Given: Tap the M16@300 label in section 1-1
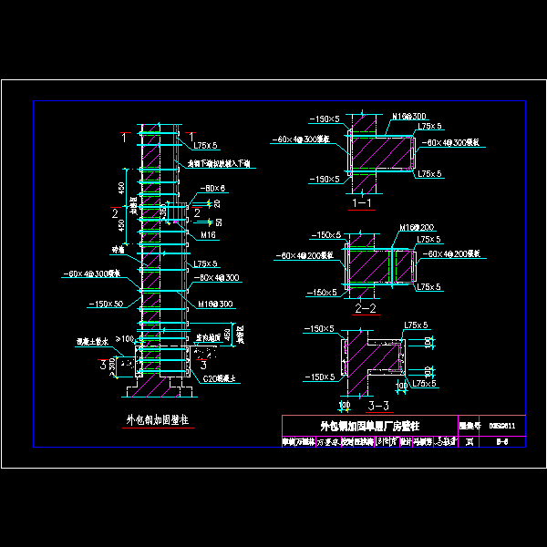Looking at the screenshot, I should click(x=409, y=117).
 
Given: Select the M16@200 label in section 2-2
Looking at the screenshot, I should click(x=415, y=226).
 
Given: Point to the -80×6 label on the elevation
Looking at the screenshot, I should click(x=213, y=188).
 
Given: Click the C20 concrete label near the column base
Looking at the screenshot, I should click(x=219, y=377).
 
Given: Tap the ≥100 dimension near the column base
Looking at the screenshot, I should click(x=124, y=339).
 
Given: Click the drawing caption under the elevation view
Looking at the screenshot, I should click(x=157, y=420).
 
